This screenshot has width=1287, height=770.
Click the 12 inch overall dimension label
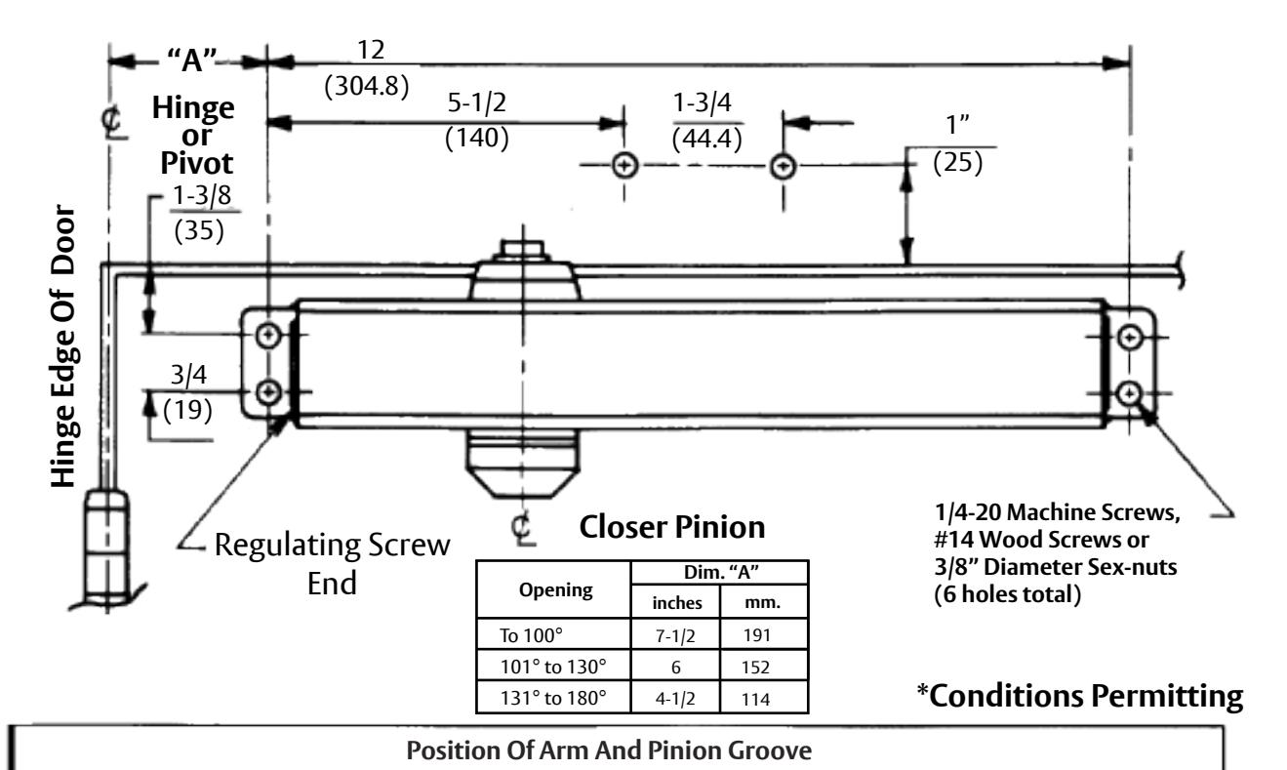[371, 50]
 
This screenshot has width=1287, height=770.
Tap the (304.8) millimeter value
[367, 86]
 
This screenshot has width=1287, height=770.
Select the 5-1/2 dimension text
[477, 102]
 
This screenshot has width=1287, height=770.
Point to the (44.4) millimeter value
[706, 139]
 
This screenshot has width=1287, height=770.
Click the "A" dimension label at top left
[192, 60]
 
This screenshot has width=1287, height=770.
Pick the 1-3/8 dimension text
[202, 195]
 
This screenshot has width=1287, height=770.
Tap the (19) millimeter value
[187, 410]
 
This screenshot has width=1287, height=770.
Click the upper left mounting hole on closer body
[267, 335]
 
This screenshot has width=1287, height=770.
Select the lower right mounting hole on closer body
[1130, 393]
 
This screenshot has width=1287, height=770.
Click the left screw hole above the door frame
[624, 166]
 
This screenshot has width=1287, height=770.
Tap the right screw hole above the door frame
[783, 167]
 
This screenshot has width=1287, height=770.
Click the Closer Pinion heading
[672, 527]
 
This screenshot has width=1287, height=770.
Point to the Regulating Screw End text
[332, 564]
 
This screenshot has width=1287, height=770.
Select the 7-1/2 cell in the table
[675, 635]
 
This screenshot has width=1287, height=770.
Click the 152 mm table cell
[755, 668]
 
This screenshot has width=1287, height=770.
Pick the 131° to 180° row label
[552, 698]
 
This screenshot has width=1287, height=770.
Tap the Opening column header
[555, 590]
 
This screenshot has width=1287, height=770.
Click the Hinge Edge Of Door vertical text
[63, 345]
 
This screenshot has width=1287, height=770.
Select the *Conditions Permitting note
[1080, 697]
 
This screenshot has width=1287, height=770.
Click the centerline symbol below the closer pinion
[522, 528]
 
